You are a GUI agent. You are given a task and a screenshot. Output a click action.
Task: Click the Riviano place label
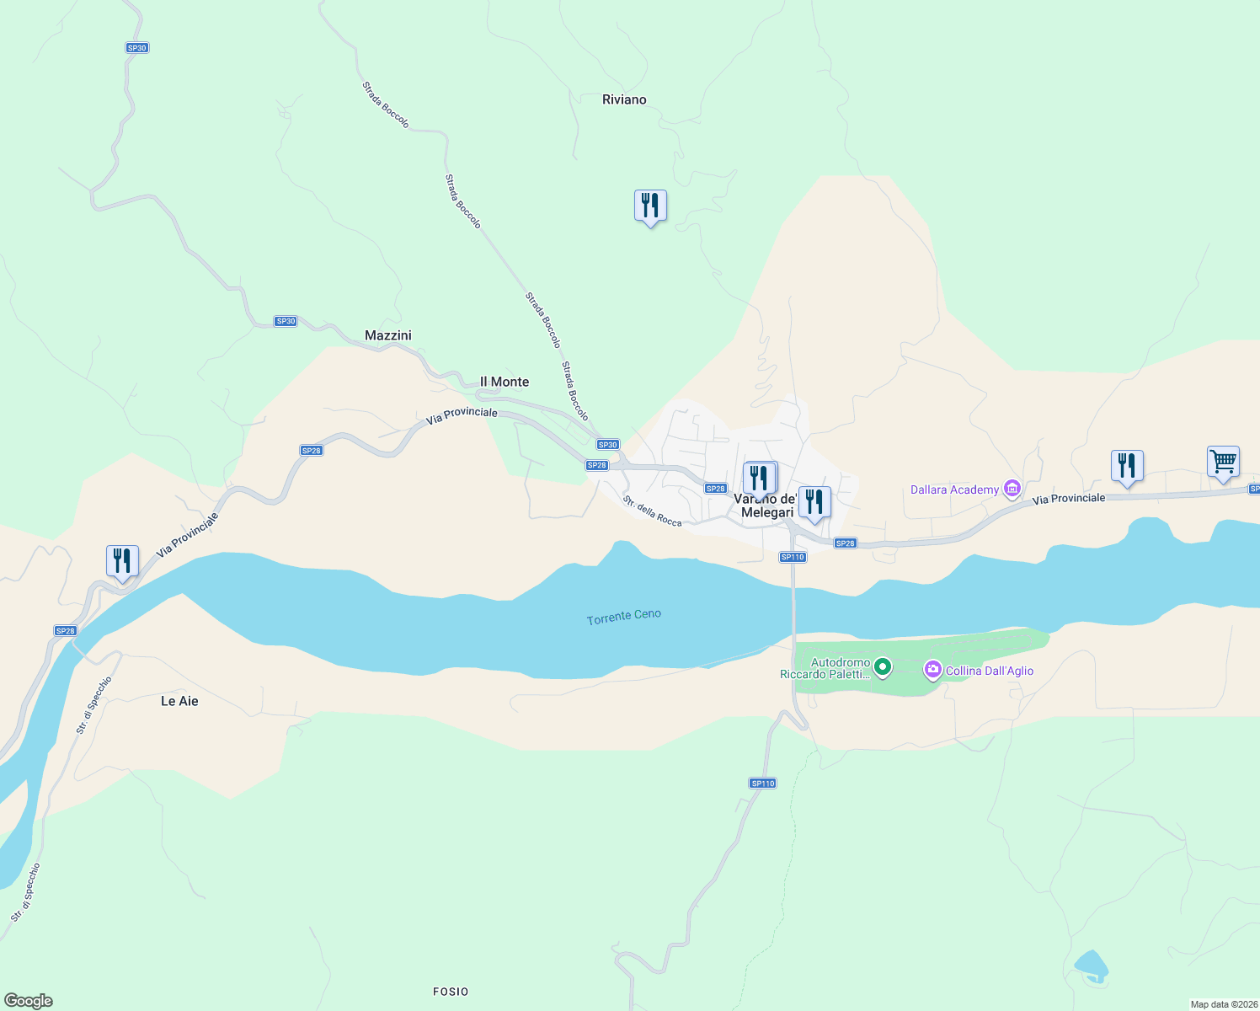(624, 99)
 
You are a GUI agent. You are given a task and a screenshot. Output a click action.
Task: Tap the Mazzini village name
(388, 335)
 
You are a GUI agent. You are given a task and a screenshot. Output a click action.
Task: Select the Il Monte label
(505, 382)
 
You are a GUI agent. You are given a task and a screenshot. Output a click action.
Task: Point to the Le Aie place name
(179, 701)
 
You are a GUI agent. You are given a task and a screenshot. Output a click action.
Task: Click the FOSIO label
(451, 992)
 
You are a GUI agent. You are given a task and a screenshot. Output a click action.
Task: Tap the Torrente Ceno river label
(624, 617)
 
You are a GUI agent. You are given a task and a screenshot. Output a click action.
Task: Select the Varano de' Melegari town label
(766, 505)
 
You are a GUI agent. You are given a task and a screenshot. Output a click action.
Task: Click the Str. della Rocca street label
(653, 511)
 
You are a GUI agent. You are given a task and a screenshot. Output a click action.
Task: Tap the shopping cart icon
(1223, 462)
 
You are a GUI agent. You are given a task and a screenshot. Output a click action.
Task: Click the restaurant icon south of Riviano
(650, 206)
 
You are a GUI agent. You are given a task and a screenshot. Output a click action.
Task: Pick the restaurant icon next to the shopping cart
(1127, 466)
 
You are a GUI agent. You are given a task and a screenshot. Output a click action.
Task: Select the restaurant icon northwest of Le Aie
(122, 561)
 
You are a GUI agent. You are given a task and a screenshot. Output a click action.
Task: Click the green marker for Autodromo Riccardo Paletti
(883, 668)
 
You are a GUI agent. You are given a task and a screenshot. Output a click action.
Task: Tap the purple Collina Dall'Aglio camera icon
(932, 671)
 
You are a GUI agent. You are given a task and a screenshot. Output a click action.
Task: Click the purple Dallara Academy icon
(1012, 489)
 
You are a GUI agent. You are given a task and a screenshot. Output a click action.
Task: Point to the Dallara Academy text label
(954, 489)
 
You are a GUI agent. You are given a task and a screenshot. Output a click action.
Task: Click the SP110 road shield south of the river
(762, 784)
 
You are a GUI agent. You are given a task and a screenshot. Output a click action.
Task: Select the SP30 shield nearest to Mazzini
(286, 321)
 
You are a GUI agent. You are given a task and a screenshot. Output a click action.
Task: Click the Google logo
(29, 1000)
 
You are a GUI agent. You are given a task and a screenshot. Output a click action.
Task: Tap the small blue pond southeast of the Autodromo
(1092, 965)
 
